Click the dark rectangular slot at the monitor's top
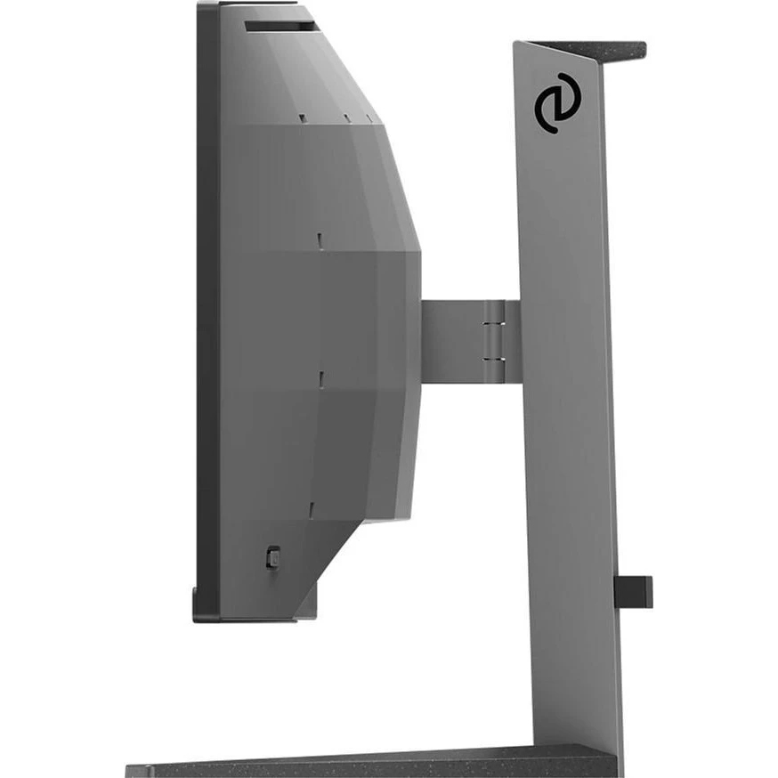pos(280,27)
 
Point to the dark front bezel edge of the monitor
pos(207,312)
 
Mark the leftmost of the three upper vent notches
pos(303,116)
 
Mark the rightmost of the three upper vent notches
pos(367,116)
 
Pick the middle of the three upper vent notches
pos(345,116)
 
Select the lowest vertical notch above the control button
pos(312,509)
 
